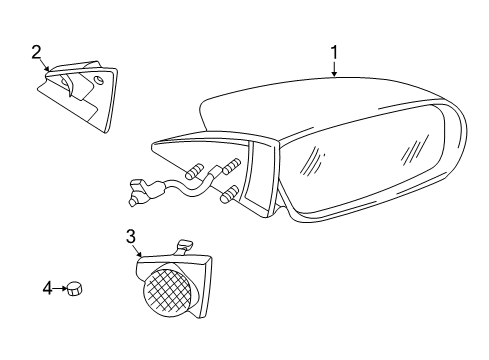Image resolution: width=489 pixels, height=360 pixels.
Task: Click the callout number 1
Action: coord(335,51)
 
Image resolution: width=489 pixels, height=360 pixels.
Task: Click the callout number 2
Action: coord(37,51)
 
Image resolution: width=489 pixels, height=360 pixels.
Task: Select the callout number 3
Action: coord(131,237)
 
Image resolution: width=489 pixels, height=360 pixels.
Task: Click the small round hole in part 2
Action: coord(99,79)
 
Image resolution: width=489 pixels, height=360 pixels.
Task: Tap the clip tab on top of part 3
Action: coord(183,245)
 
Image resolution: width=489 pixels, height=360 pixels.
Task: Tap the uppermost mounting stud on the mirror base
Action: coord(235,163)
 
